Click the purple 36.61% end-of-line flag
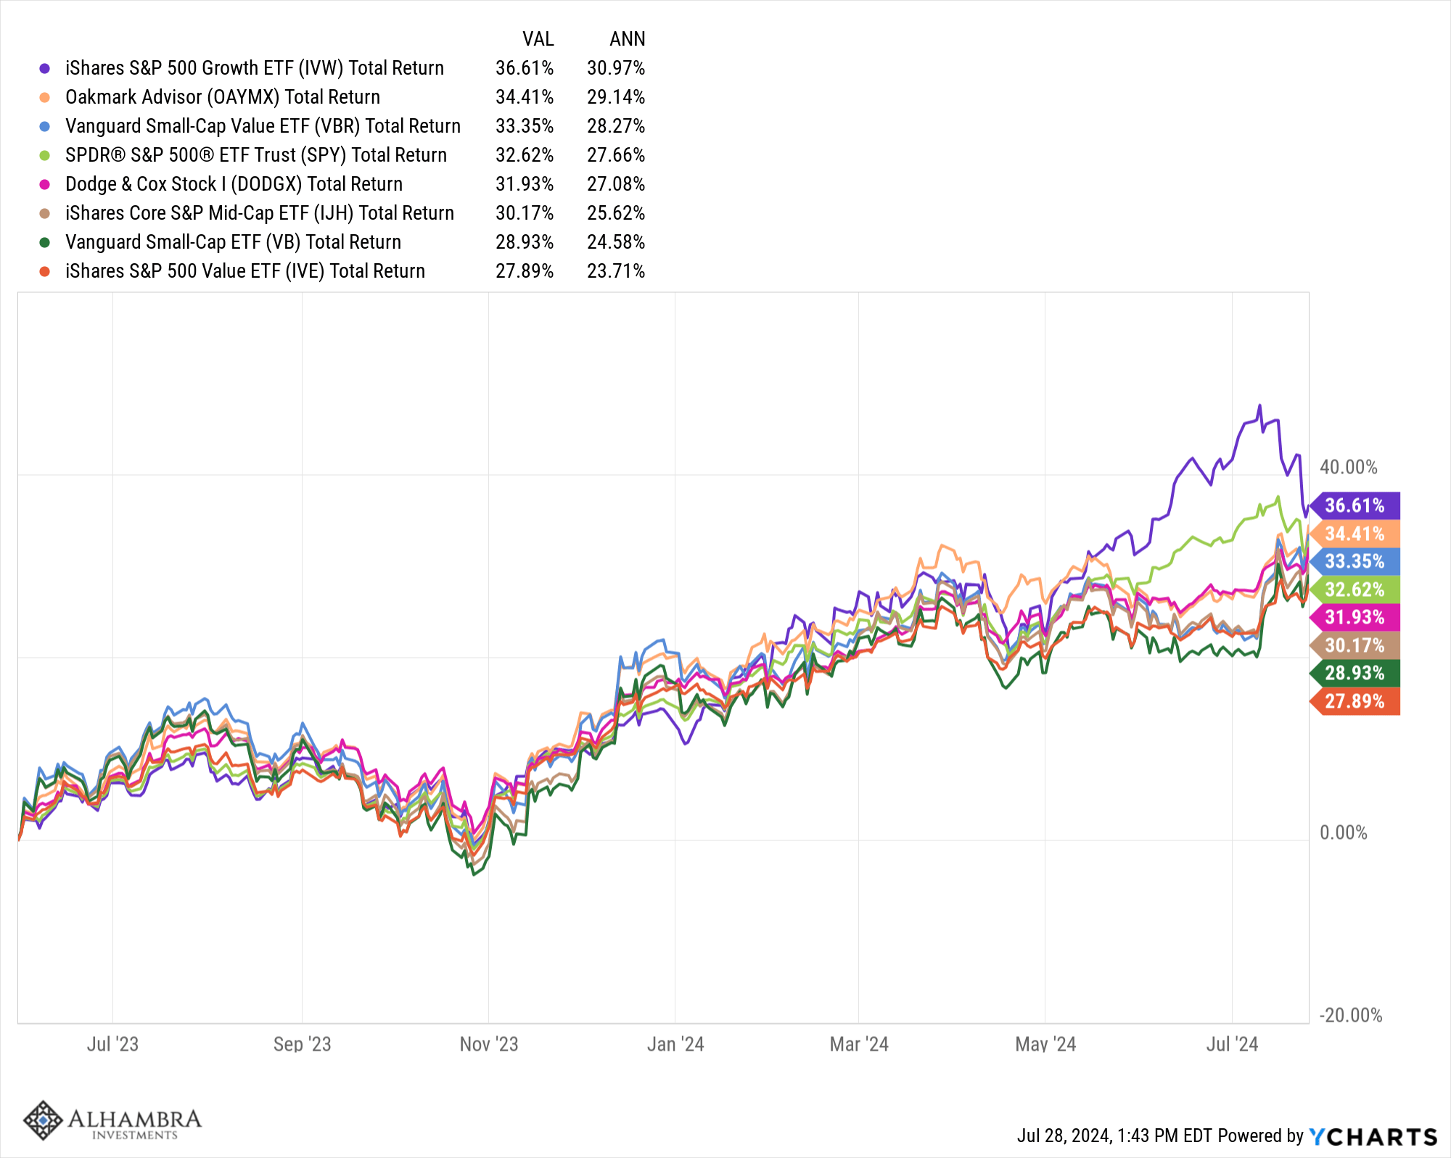point(1355,505)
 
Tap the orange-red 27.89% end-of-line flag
point(1355,701)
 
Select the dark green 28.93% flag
point(1355,673)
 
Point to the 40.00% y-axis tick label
point(1348,467)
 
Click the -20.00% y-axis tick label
point(1350,1015)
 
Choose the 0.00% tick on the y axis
point(1344,832)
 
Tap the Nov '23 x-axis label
point(489,1044)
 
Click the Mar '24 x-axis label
point(859,1044)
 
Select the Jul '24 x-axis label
point(1232,1044)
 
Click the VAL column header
point(538,39)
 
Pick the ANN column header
point(627,39)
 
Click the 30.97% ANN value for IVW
point(616,68)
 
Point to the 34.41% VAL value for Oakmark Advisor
point(525,97)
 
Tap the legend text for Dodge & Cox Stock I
point(234,184)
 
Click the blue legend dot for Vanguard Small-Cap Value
point(45,126)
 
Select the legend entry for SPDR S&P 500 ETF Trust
point(255,155)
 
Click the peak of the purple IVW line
point(1259,406)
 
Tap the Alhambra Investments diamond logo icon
point(44,1120)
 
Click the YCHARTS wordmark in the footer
point(1373,1136)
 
